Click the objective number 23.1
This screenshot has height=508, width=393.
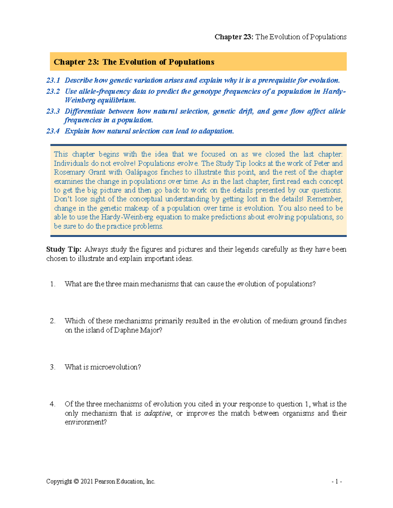click(x=53, y=80)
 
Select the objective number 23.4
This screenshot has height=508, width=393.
click(x=53, y=131)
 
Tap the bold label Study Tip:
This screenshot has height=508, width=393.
click(x=64, y=249)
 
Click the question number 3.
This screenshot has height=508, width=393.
click(x=52, y=367)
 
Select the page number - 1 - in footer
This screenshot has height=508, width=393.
click(x=337, y=482)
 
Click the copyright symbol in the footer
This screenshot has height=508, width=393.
click(x=76, y=482)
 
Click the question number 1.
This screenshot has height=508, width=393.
click(x=52, y=284)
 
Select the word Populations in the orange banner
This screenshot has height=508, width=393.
click(x=191, y=62)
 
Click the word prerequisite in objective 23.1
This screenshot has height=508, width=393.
click(x=277, y=80)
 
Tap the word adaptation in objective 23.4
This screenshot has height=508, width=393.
click(x=216, y=131)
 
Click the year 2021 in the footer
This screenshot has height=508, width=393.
click(x=87, y=482)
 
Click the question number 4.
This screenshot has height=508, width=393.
click(x=52, y=404)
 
